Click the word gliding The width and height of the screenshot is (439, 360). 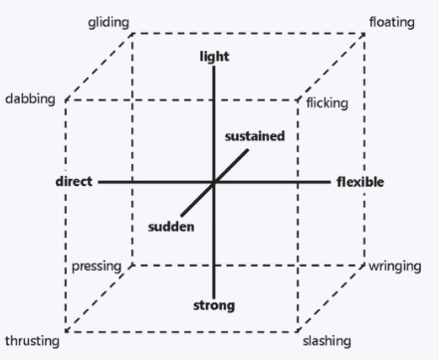tap(109, 22)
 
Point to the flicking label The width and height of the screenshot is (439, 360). tap(327, 103)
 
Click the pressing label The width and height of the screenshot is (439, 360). tap(97, 267)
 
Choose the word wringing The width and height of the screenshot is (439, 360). tap(396, 267)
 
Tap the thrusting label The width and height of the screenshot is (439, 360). tap(32, 341)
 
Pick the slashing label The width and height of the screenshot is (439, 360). tap(327, 341)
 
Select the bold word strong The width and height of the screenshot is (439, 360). tap(214, 304)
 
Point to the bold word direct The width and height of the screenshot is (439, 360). tap(74, 182)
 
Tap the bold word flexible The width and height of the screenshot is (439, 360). tap(359, 182)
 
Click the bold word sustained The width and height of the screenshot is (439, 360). tap(255, 135)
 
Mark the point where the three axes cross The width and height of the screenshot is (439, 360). tap(214, 182)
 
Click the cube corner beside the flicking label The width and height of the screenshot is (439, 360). tap(299, 100)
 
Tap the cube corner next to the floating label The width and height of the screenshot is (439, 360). tap(364, 34)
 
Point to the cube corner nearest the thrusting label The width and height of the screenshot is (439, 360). tap(66, 330)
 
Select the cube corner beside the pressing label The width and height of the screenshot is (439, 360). tap(131, 266)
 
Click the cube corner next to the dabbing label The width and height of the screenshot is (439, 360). tap(66, 100)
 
